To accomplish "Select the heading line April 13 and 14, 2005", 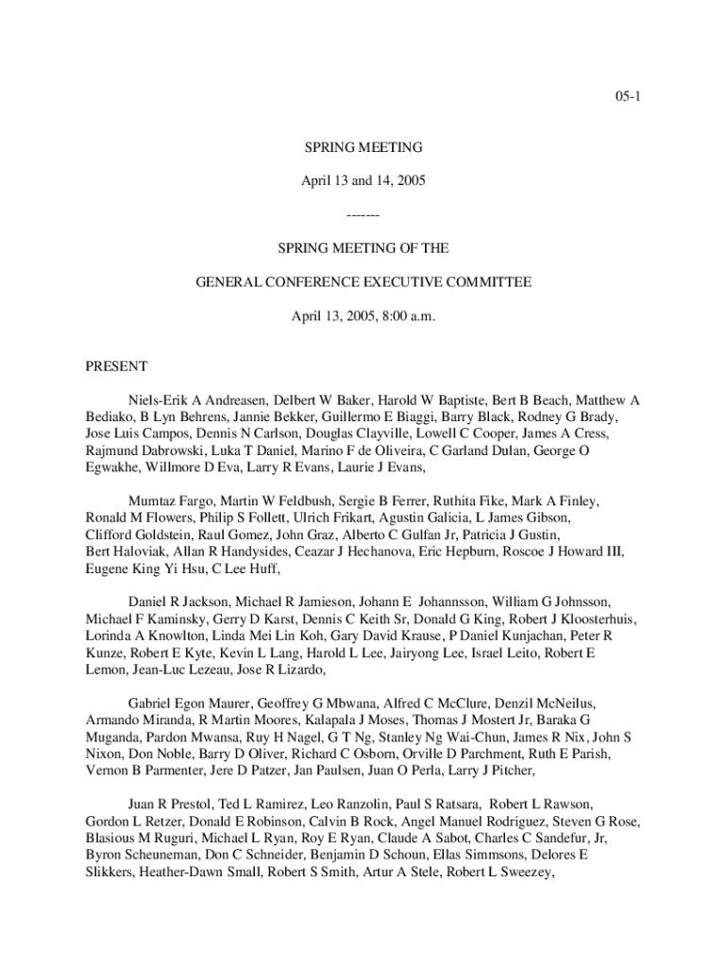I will point(363,179).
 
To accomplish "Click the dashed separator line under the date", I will point(363,215).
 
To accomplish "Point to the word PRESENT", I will point(115,365).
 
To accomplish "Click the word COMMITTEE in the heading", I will point(486,281).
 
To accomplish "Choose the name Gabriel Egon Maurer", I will point(190,704).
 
